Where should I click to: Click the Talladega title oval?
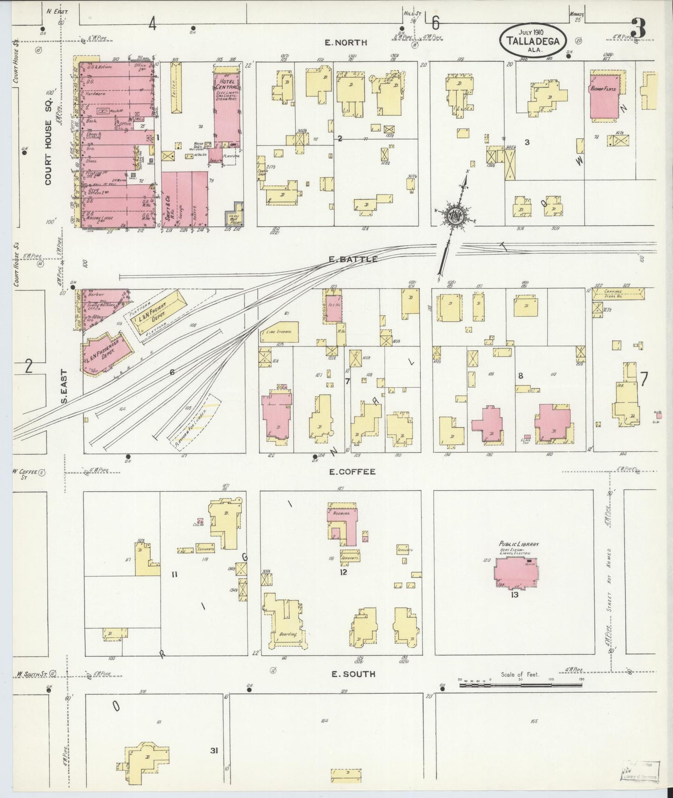[x=534, y=40]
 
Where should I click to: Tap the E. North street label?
[x=346, y=43]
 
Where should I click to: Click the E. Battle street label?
[x=353, y=259]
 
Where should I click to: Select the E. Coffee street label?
[x=352, y=472]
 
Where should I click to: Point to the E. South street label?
[x=353, y=674]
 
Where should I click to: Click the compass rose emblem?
[x=455, y=216]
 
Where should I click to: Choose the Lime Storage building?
[x=279, y=331]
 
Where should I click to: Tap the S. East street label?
[x=64, y=386]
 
